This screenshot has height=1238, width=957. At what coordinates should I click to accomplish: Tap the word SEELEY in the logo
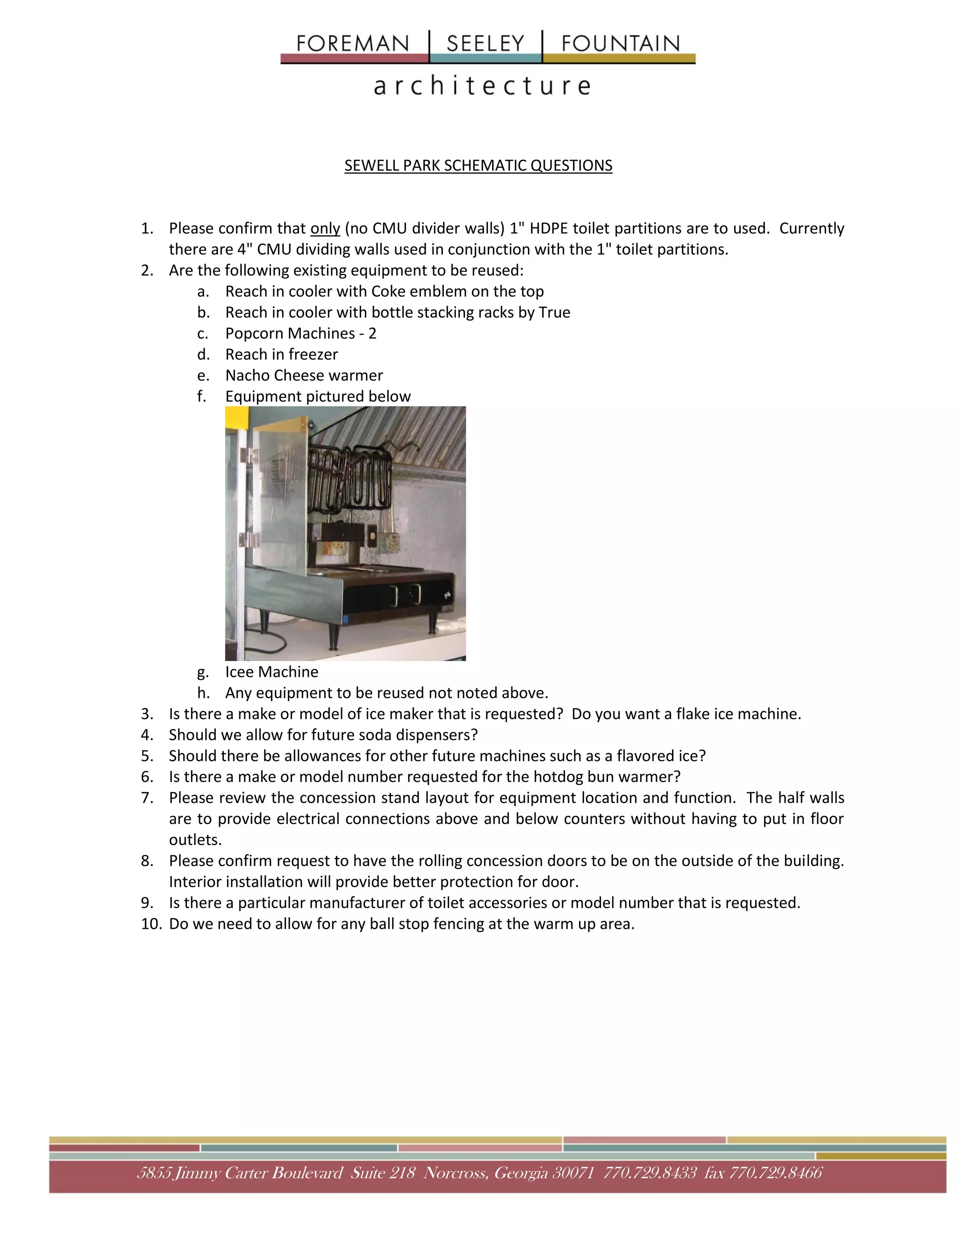click(486, 43)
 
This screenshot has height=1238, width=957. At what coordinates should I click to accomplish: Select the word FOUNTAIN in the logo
click(620, 43)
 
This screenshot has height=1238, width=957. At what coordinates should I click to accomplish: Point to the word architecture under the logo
click(482, 86)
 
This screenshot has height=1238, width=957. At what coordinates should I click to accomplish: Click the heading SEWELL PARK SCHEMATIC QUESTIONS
click(478, 165)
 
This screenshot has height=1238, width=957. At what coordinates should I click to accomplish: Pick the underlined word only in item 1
click(325, 228)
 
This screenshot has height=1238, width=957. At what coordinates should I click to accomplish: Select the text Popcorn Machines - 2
click(300, 333)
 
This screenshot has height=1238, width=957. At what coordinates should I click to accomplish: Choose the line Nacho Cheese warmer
click(304, 375)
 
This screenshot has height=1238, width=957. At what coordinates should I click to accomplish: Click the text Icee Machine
click(271, 672)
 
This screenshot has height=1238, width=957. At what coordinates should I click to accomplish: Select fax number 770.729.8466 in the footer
click(776, 1173)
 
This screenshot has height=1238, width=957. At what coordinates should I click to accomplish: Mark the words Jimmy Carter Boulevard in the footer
click(258, 1173)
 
